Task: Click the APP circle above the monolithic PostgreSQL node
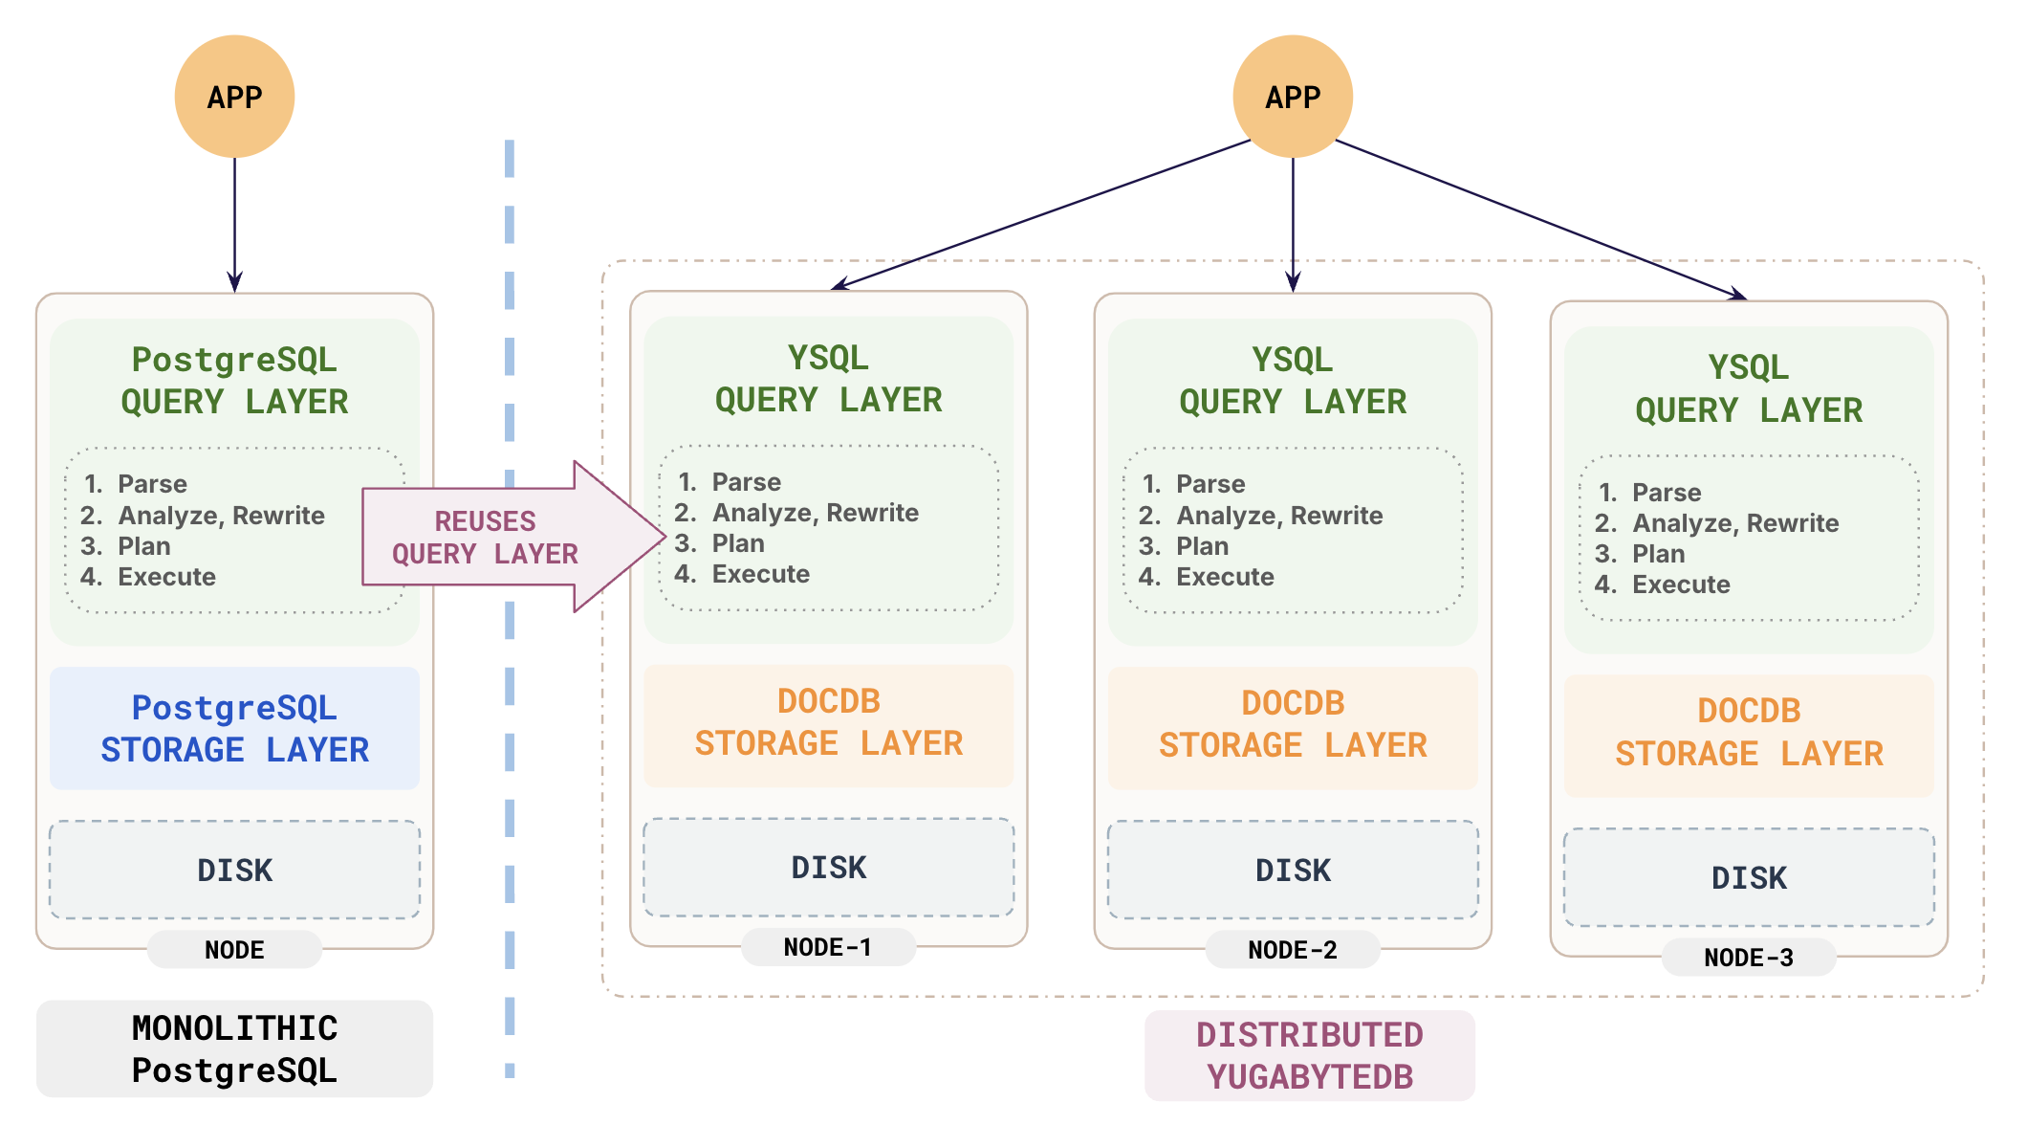pos(234,97)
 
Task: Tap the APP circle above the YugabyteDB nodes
pos(1292,97)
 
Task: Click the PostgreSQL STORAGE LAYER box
pos(234,729)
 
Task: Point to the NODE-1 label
pos(827,947)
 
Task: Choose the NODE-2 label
pos(1292,950)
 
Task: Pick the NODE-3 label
pos(1748,958)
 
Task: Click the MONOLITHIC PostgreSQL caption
pos(234,1049)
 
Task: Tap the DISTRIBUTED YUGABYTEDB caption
pos(1309,1055)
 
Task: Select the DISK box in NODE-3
pos(1748,877)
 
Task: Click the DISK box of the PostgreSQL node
pos(234,870)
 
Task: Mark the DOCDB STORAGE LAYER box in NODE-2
pos(1292,725)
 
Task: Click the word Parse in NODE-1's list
pos(746,482)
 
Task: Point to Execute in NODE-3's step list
pos(1680,585)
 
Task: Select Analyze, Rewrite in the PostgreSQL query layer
pos(221,516)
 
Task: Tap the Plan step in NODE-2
pos(1202,546)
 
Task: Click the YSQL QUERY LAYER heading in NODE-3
pos(1748,388)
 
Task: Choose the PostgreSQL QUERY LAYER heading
pos(234,381)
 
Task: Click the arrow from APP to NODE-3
pos(1539,220)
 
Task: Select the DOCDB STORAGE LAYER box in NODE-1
pos(828,723)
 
